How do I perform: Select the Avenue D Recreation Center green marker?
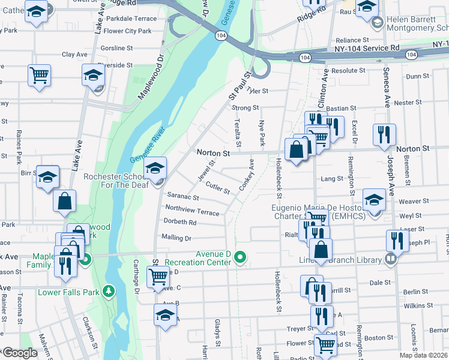(x=241, y=258)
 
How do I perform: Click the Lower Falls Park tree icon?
(x=109, y=292)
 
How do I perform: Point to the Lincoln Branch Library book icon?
(x=391, y=259)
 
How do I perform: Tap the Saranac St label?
(x=182, y=196)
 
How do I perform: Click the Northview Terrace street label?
(x=192, y=209)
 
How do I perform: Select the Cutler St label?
(x=218, y=188)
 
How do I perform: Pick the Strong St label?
(x=245, y=108)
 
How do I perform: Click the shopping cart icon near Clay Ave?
(x=39, y=75)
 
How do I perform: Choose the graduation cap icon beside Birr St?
(x=47, y=176)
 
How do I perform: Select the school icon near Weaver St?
(x=373, y=199)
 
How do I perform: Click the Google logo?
(x=20, y=353)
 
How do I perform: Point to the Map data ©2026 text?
(x=423, y=355)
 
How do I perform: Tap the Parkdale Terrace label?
(x=130, y=19)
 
